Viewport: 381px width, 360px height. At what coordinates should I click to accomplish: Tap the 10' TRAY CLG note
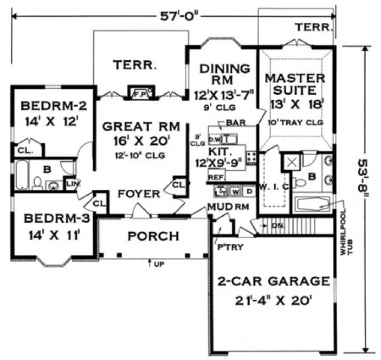coord(296,123)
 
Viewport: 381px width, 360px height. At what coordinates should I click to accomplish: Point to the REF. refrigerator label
coord(216,177)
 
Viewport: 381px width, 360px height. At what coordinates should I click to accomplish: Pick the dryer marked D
coord(249,191)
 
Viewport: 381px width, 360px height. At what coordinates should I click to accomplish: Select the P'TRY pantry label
coord(226,246)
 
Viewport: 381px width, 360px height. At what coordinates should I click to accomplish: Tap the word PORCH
coord(153,236)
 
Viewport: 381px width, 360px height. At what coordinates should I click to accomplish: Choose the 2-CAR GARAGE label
coord(274,290)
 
